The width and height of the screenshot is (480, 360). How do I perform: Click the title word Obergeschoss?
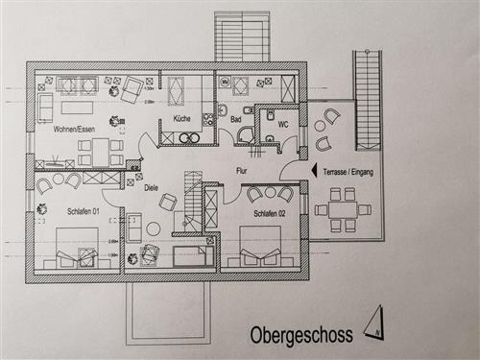pyautogui.click(x=300, y=335)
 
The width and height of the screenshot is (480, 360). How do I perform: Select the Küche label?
pyautogui.click(x=182, y=118)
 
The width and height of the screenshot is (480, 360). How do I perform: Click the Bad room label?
pyautogui.click(x=236, y=119)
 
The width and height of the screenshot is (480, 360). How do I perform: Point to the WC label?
pyautogui.click(x=283, y=124)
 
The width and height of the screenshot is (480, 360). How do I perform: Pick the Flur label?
pyautogui.click(x=242, y=171)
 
